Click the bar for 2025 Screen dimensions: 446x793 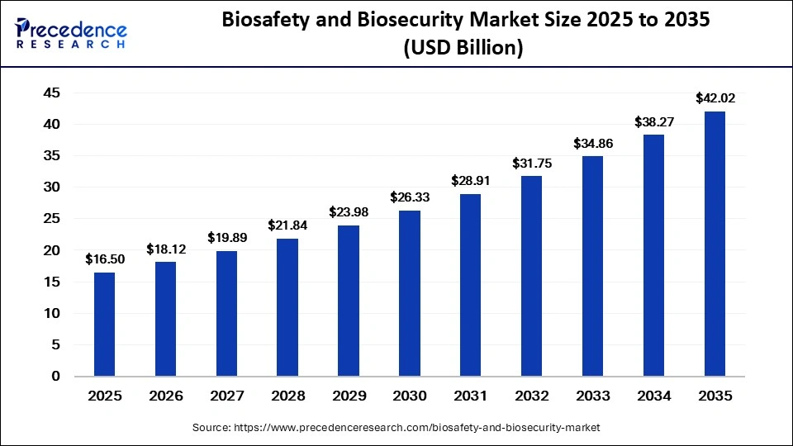[x=105, y=324]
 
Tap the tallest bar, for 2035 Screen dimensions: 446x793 [x=715, y=244]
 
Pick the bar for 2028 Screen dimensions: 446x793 [x=287, y=307]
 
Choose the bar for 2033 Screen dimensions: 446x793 [x=592, y=266]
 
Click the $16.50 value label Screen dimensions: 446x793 [x=105, y=259]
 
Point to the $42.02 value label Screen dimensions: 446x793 [x=715, y=98]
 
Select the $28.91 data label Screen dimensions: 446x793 [x=471, y=180]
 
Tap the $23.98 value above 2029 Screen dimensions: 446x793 [x=349, y=212]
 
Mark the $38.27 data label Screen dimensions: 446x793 [x=653, y=121]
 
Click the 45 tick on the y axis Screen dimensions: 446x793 [x=51, y=93]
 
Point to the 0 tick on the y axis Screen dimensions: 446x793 [x=56, y=377]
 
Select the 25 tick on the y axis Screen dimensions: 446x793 [x=51, y=219]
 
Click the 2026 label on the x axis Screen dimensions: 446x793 [x=165, y=396]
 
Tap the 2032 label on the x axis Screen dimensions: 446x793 [x=531, y=396]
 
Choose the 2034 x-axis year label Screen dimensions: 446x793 [x=653, y=396]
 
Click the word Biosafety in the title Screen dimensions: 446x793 [x=271, y=22]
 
